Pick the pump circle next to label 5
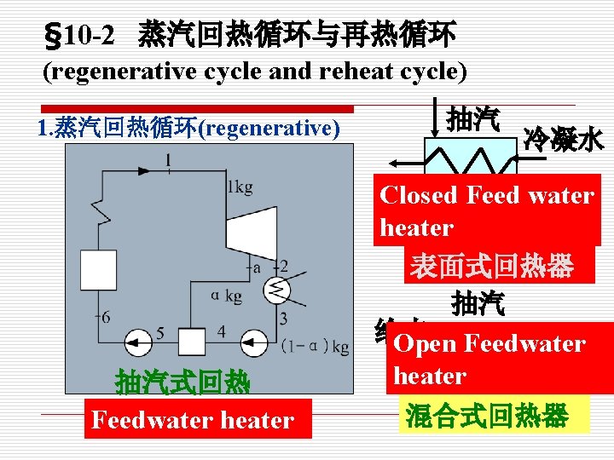pos(138,342)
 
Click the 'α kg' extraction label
pos(225,295)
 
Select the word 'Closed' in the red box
pos(419,195)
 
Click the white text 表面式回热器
pos(489,267)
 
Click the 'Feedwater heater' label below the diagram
pos(193,420)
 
